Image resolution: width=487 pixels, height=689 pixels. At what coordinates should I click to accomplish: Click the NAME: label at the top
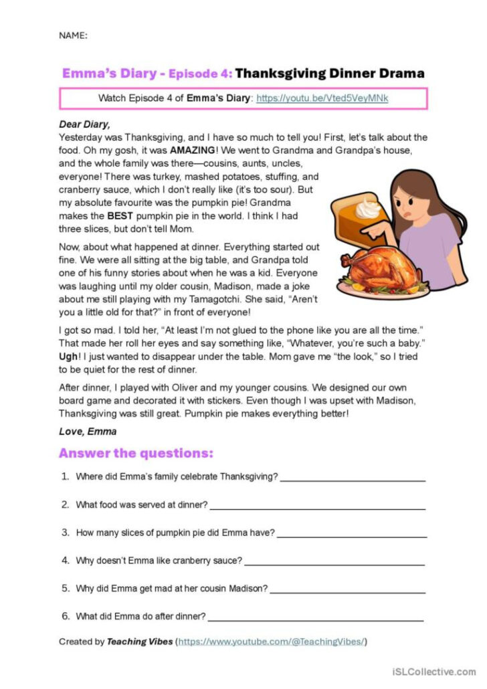(73, 35)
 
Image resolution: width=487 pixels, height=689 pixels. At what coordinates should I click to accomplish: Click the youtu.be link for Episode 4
(322, 98)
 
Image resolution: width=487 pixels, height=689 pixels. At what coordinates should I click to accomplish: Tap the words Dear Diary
(84, 124)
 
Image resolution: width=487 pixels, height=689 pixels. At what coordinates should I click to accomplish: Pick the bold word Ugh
(69, 357)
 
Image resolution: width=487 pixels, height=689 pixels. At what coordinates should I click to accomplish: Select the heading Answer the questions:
(136, 453)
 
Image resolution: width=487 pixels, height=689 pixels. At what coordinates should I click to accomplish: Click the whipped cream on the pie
(368, 208)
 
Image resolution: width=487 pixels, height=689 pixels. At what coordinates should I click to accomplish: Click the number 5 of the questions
(66, 589)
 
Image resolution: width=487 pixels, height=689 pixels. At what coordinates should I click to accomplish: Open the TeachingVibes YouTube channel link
(271, 642)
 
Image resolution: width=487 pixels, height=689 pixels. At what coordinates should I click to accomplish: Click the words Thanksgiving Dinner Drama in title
(330, 73)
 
